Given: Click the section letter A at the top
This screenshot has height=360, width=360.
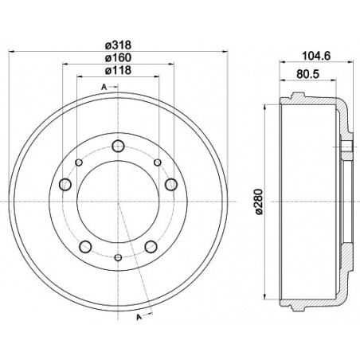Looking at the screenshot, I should click(104, 86).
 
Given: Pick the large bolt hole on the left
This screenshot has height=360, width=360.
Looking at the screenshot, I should click(65, 185).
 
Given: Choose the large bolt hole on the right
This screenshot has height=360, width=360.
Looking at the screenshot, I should click(170, 185).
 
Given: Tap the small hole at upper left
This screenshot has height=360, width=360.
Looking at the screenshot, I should click(77, 162).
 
